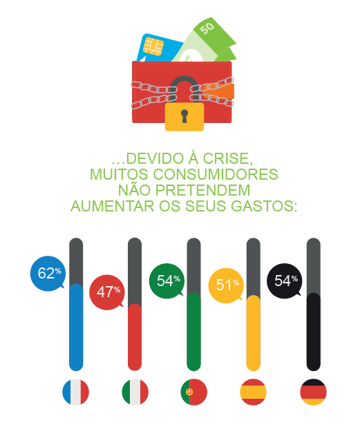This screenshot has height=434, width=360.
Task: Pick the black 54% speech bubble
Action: tap(284, 281)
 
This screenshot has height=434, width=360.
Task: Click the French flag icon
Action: tap(76, 393)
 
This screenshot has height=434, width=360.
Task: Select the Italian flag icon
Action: tap(135, 393)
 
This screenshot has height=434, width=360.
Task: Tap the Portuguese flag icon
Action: tap(194, 393)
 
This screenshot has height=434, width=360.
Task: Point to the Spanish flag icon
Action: tap(254, 393)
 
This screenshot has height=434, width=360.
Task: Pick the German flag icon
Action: tap(313, 393)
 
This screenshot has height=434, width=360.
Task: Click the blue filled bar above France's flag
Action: tap(76, 328)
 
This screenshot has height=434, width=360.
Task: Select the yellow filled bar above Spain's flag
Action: tap(254, 333)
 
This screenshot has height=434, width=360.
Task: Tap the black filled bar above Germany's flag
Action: tap(313, 332)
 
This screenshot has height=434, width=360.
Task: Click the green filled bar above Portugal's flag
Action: tap(194, 332)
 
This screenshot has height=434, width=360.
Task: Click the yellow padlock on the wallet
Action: tap(184, 115)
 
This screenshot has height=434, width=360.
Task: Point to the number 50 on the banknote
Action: tap(207, 28)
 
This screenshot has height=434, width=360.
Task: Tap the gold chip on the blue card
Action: tap(153, 46)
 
